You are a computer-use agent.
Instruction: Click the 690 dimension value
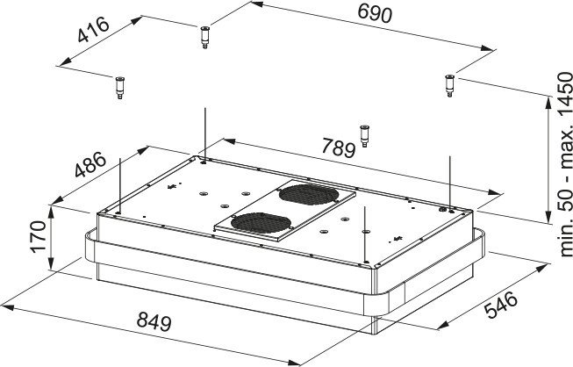click(375, 13)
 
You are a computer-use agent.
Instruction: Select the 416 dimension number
click(94, 29)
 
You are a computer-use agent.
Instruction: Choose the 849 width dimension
click(154, 321)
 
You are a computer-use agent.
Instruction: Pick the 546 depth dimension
click(501, 305)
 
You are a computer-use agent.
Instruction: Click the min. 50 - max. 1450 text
click(565, 164)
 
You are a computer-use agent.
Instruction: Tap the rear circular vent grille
click(309, 194)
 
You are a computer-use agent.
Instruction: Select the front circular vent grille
click(261, 223)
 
